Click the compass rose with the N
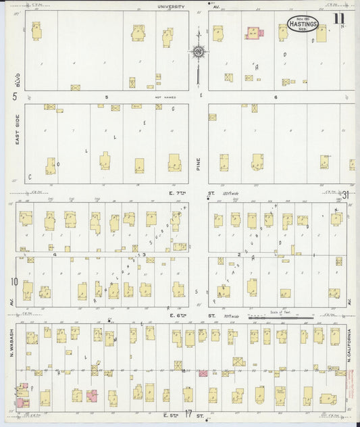point(199,51)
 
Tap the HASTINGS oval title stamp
point(303,23)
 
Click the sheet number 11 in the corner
point(338,18)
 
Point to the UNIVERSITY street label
point(171,7)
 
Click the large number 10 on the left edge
point(14,281)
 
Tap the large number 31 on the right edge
point(345,195)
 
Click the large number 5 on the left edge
point(14,97)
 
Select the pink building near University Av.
point(254,32)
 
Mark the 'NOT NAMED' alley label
point(165,97)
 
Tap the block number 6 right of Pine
point(276,97)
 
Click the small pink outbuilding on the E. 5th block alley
point(203,372)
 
